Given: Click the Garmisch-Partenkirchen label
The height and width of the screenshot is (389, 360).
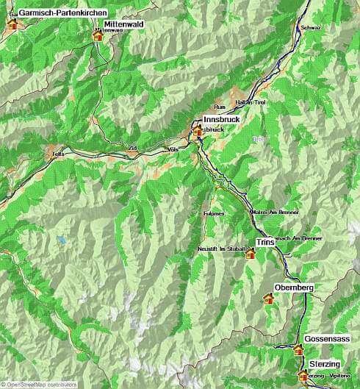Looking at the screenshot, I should pos(62,13).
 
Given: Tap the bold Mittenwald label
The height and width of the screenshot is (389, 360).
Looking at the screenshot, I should pos(123,24).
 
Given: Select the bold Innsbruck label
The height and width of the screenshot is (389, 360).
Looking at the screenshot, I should pos(222,119).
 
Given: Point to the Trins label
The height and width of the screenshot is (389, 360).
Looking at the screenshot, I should pos(264,242).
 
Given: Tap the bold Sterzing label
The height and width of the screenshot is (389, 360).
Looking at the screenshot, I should pos(324,365).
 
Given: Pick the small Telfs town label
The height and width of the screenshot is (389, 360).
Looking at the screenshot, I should pos(59,154).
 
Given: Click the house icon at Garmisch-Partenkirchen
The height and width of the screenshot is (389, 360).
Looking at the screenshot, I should pos(12,23).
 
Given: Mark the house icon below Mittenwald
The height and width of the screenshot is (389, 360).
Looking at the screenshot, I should pos(98,35).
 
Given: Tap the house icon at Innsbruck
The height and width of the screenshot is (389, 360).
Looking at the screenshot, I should pos(197,131).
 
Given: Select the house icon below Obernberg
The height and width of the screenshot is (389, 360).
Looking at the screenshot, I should pos(268,298).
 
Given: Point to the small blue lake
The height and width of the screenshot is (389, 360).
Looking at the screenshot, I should pos(62,240).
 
